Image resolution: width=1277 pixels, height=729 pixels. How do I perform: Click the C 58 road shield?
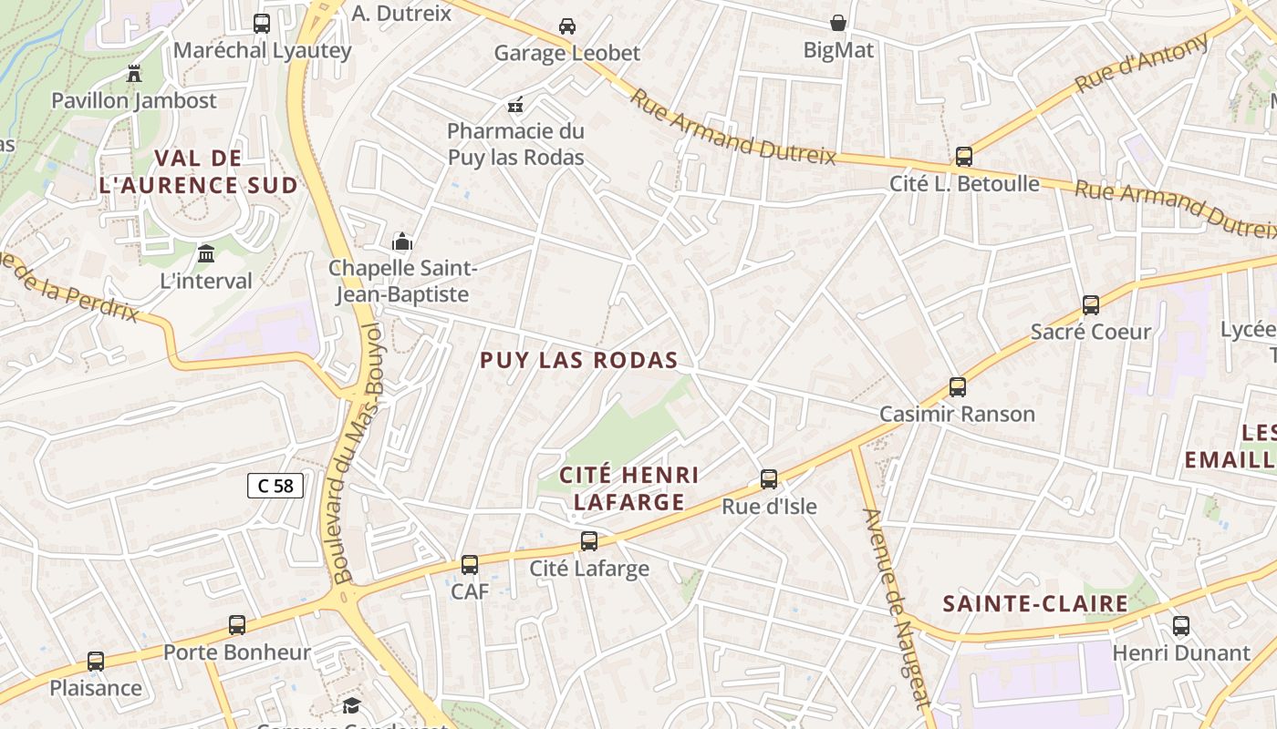[275, 486]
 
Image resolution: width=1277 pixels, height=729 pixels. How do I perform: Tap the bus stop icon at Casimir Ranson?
[958, 387]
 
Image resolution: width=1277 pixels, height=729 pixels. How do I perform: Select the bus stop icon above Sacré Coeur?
[1091, 305]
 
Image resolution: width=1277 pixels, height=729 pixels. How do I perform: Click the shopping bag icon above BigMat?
[838, 23]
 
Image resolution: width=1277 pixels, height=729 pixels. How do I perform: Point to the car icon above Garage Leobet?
[567, 26]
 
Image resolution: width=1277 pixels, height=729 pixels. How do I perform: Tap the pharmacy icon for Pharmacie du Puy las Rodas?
[515, 105]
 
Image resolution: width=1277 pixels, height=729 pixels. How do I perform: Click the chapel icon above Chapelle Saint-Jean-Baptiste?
[402, 241]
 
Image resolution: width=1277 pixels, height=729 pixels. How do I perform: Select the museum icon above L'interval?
[206, 253]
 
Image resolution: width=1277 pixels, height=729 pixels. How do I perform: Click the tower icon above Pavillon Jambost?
[134, 73]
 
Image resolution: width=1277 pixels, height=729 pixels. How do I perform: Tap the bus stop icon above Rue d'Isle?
[769, 479]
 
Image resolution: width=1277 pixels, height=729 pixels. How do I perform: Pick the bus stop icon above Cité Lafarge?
[589, 541]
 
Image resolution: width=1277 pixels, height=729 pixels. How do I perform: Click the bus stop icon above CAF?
[470, 565]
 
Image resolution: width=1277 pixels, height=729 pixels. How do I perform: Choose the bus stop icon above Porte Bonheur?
[237, 625]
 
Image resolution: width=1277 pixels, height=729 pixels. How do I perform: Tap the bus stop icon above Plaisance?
[96, 662]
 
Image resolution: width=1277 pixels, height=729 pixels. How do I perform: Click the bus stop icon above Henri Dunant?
[1181, 626]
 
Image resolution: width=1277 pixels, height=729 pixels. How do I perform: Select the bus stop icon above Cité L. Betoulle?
[964, 157]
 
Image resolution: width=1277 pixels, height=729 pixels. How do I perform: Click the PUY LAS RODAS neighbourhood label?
[579, 360]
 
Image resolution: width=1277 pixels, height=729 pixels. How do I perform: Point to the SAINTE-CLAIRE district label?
[1035, 603]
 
